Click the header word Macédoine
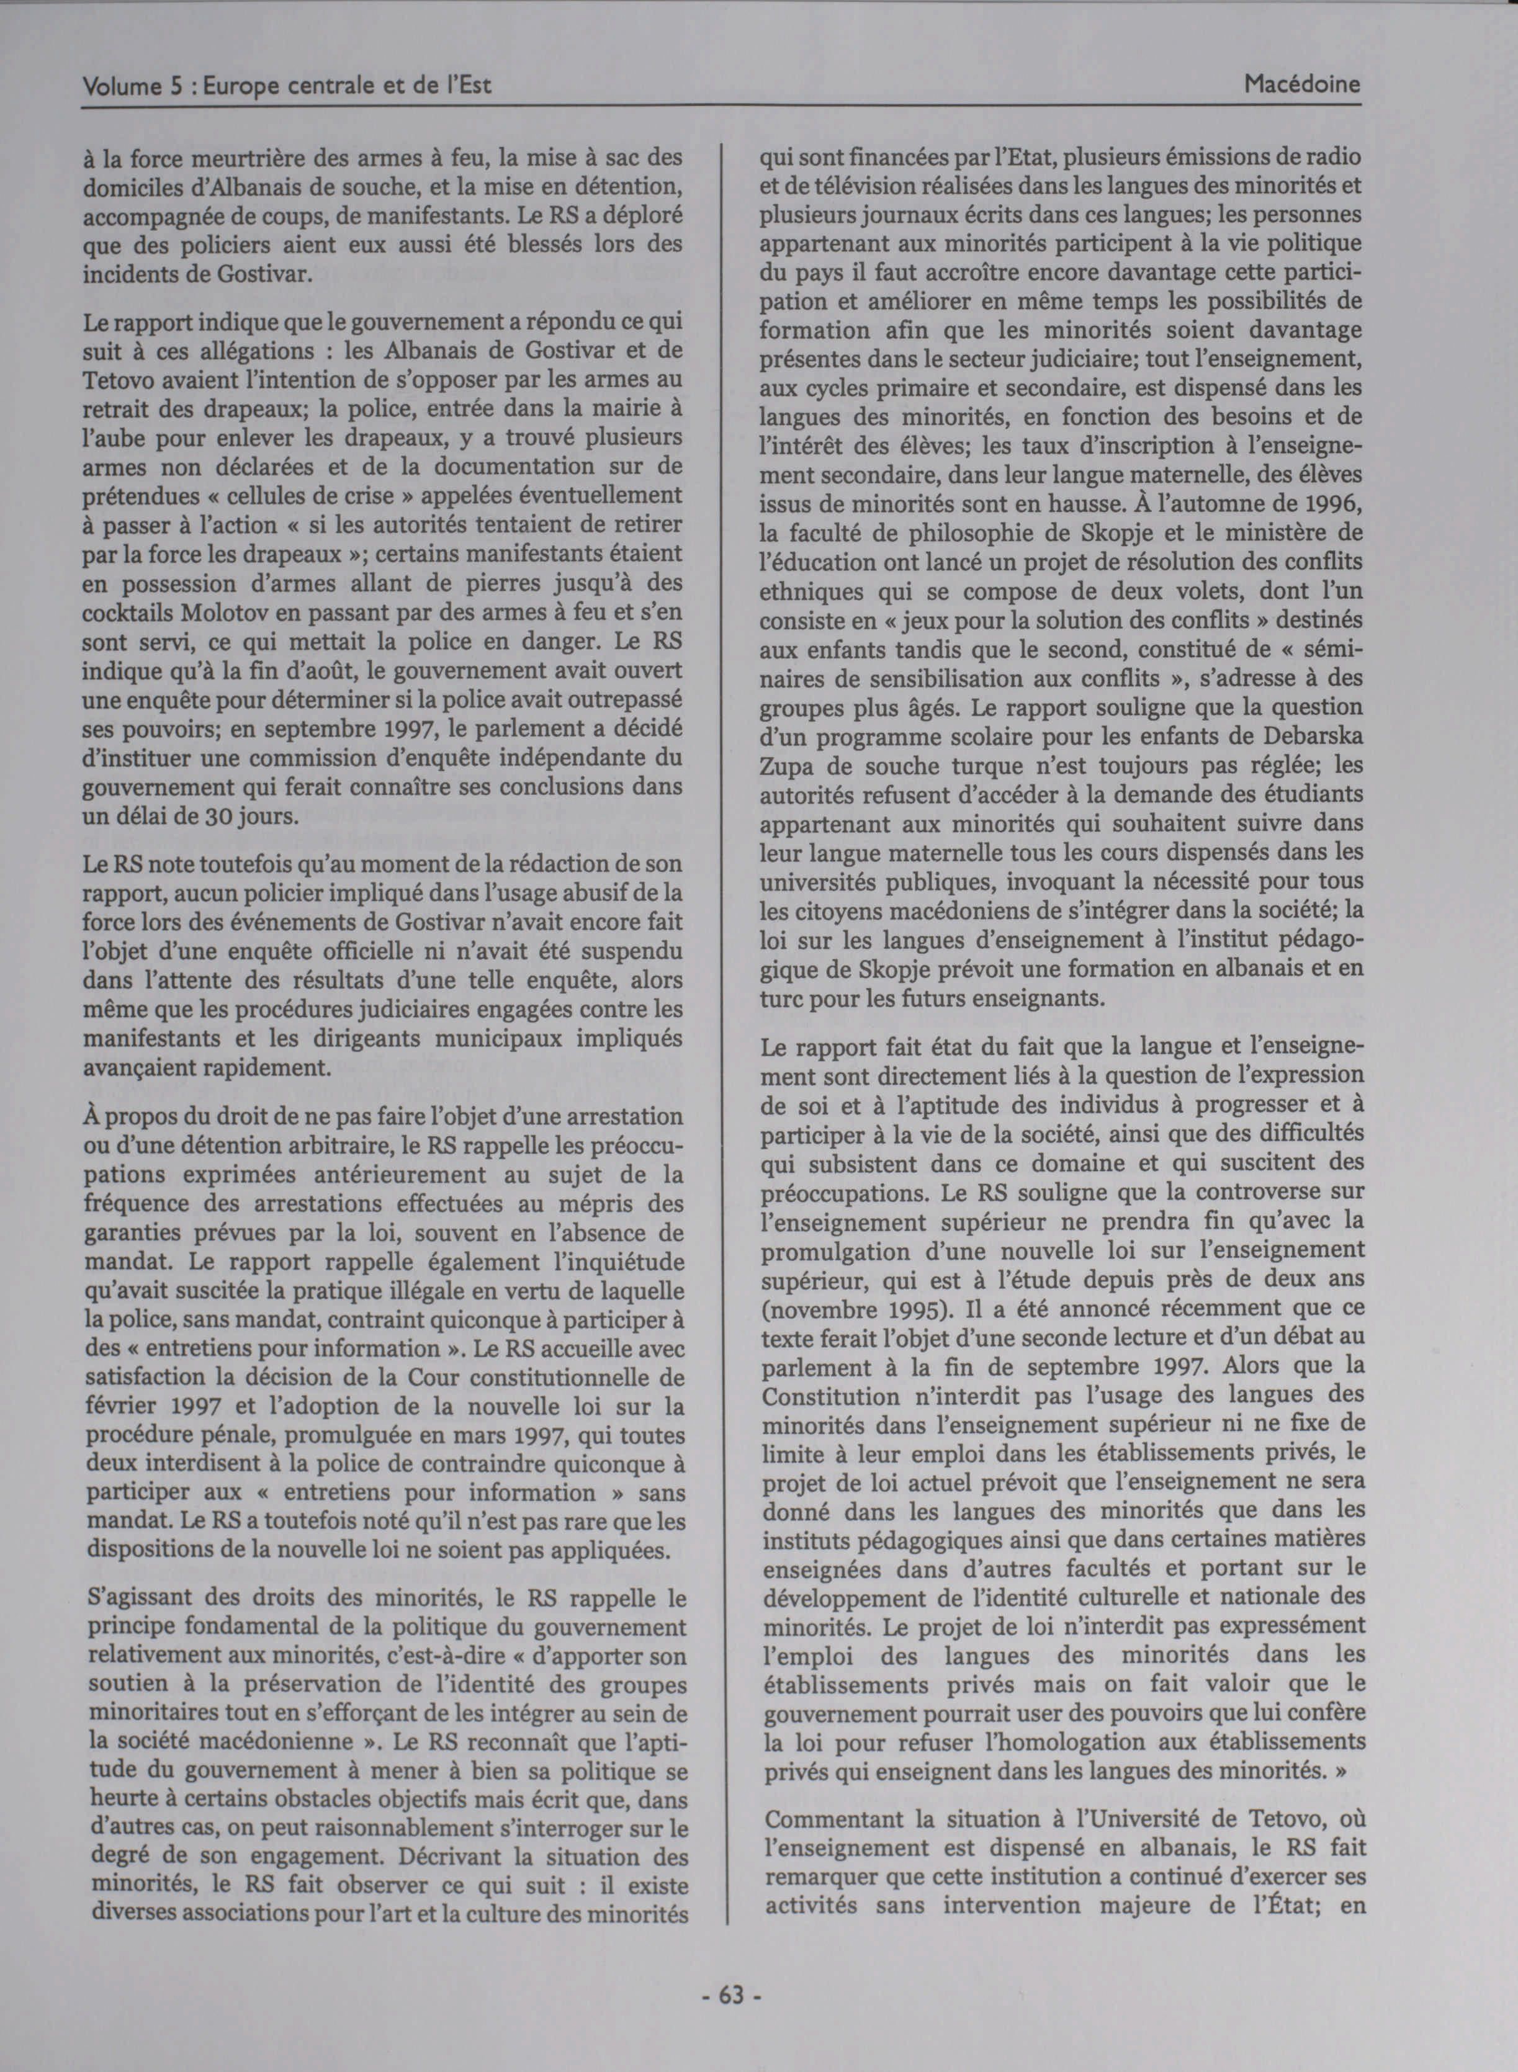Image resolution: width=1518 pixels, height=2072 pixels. (x=1301, y=86)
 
